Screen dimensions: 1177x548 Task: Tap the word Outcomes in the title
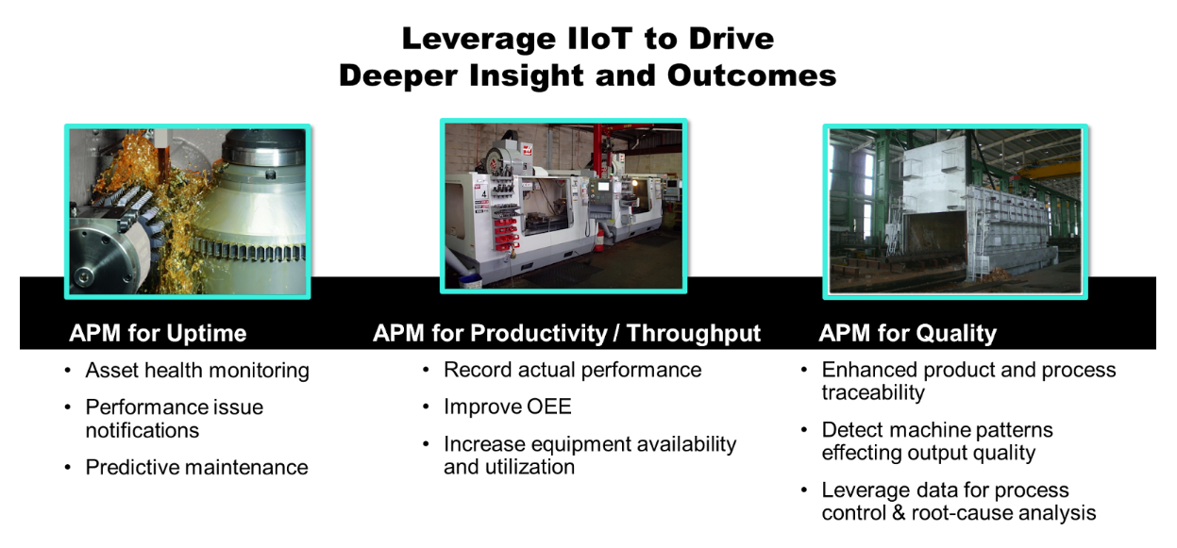751,75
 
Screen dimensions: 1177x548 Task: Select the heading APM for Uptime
158,333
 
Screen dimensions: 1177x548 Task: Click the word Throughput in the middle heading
694,334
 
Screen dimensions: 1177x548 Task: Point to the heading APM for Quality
907,334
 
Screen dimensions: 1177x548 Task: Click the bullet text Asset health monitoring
197,371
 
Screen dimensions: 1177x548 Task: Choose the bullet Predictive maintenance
197,467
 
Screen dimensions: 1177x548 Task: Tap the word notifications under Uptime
143,430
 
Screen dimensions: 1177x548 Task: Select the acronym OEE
549,407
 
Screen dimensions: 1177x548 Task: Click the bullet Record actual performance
573,370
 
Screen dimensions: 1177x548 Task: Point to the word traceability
873,392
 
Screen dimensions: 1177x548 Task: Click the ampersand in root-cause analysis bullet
899,513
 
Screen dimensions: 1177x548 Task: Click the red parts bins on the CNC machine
505,234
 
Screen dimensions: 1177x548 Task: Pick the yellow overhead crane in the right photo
1046,168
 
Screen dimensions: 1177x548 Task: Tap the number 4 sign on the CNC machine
484,194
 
